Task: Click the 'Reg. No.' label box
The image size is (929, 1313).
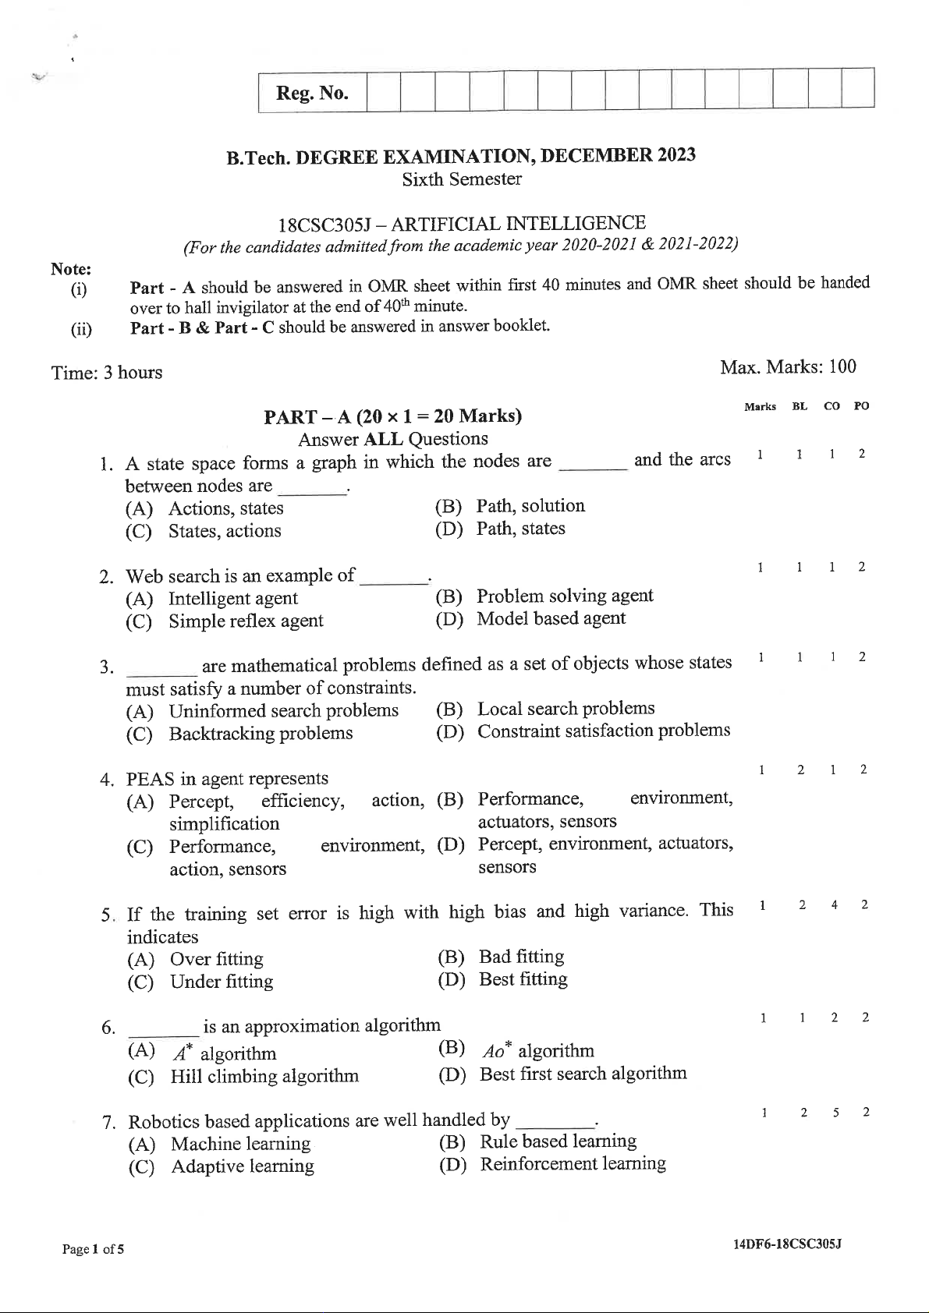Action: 312,94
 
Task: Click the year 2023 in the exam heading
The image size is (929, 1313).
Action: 675,154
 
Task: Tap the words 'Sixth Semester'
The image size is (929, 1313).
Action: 462,179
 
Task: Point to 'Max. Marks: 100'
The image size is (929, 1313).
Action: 788,366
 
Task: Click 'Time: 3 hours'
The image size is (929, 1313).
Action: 107,373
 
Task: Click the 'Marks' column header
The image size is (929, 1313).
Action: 760,406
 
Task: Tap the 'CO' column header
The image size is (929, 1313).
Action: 831,406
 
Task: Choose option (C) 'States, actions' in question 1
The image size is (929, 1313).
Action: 225,531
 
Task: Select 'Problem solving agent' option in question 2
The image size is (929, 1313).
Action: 565,596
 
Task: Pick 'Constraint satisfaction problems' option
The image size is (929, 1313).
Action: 604,731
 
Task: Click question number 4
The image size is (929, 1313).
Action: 108,780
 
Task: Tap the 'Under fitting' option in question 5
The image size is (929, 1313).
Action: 222,982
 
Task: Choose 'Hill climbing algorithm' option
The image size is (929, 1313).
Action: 264,1077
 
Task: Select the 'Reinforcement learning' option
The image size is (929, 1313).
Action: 573,1164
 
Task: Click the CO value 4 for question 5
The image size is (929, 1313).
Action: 834,905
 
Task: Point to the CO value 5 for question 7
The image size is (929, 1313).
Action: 835,1113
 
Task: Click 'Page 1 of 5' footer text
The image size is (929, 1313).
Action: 93,1249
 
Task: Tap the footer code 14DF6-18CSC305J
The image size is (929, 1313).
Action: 786,1244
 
